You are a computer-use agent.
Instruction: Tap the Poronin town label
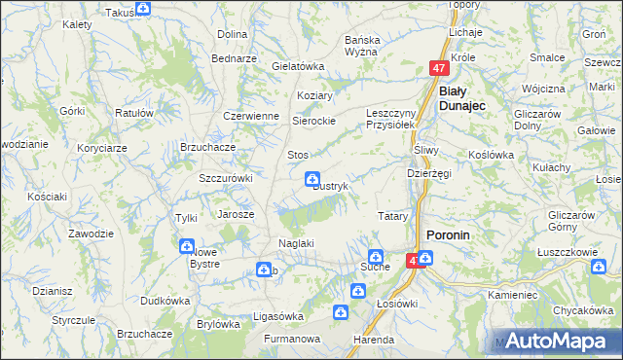449,234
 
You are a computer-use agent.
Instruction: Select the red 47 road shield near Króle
439,69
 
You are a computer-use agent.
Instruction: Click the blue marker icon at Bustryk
311,178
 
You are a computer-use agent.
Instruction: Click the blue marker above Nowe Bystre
186,246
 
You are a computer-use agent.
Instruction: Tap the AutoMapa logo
560,342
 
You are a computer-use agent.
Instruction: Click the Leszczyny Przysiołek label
390,119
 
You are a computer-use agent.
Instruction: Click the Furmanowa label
295,340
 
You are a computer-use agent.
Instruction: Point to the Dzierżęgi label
428,172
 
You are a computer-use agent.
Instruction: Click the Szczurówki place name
226,178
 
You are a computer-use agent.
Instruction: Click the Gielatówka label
298,66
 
